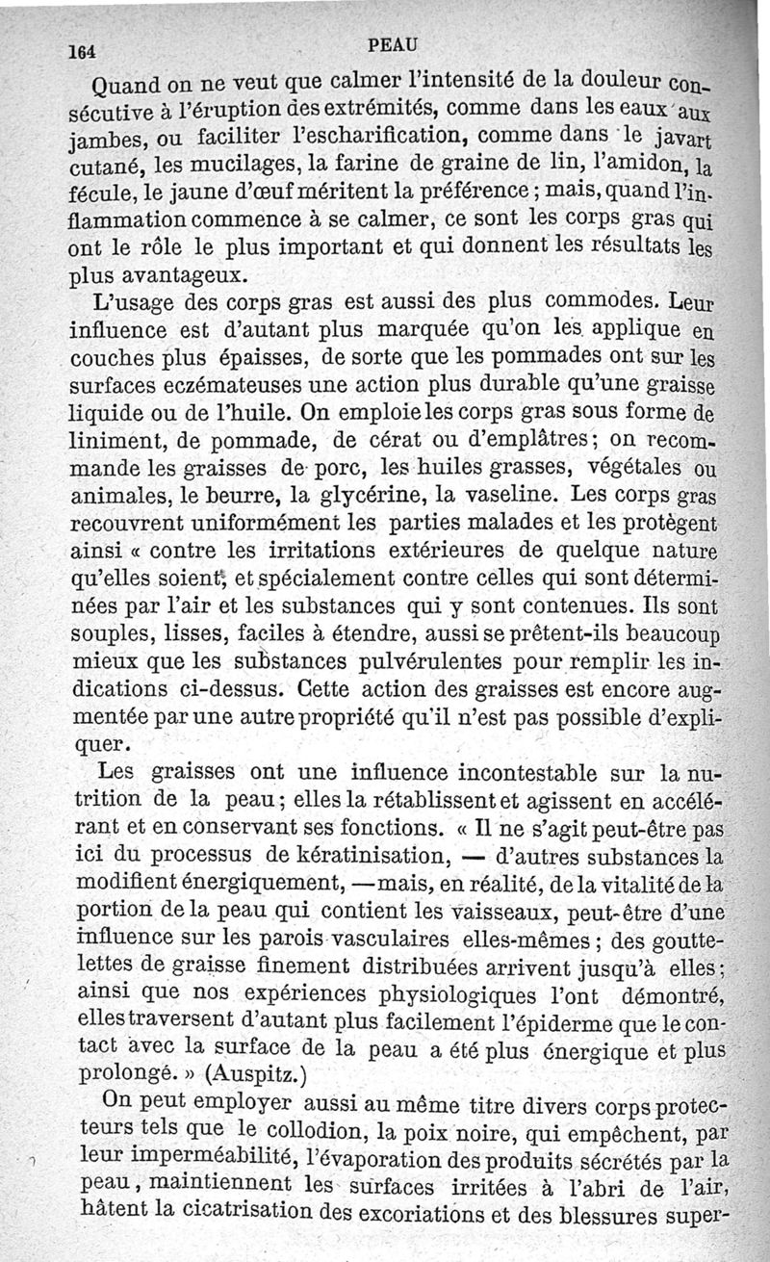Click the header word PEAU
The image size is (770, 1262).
coord(394,43)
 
